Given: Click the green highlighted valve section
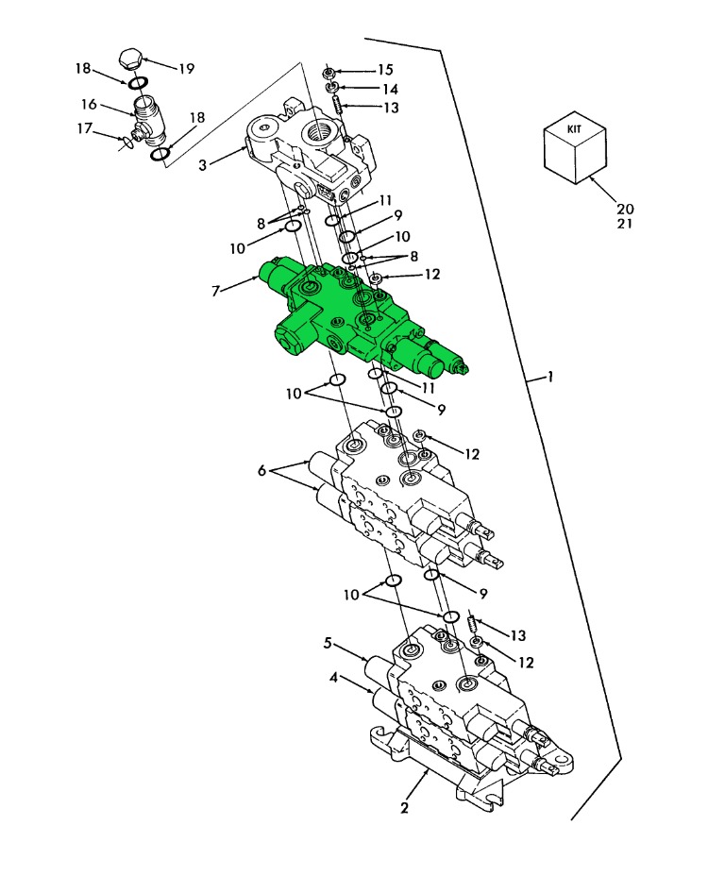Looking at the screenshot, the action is [x=358, y=315].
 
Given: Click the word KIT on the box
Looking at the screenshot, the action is [x=575, y=129].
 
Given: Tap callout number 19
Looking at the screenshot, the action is [x=186, y=69].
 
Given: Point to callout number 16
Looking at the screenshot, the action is [x=89, y=105].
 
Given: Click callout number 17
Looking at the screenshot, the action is [x=84, y=128].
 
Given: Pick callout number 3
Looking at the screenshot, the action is [x=203, y=165].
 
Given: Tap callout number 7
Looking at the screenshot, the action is [x=215, y=291].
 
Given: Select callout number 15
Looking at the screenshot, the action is [x=385, y=70].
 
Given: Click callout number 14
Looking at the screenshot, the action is [x=390, y=90].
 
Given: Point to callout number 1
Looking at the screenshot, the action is [x=550, y=377].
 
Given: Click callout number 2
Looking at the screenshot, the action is [x=405, y=808].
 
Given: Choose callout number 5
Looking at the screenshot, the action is [x=328, y=644].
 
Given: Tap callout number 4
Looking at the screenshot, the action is [x=333, y=678].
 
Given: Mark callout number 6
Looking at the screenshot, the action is [x=261, y=471].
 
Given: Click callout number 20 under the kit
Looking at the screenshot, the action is [x=625, y=209].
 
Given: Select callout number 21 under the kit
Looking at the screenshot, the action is [x=625, y=224].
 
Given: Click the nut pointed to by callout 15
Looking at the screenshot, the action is [x=329, y=73].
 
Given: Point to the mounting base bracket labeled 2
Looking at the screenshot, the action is [x=472, y=766].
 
